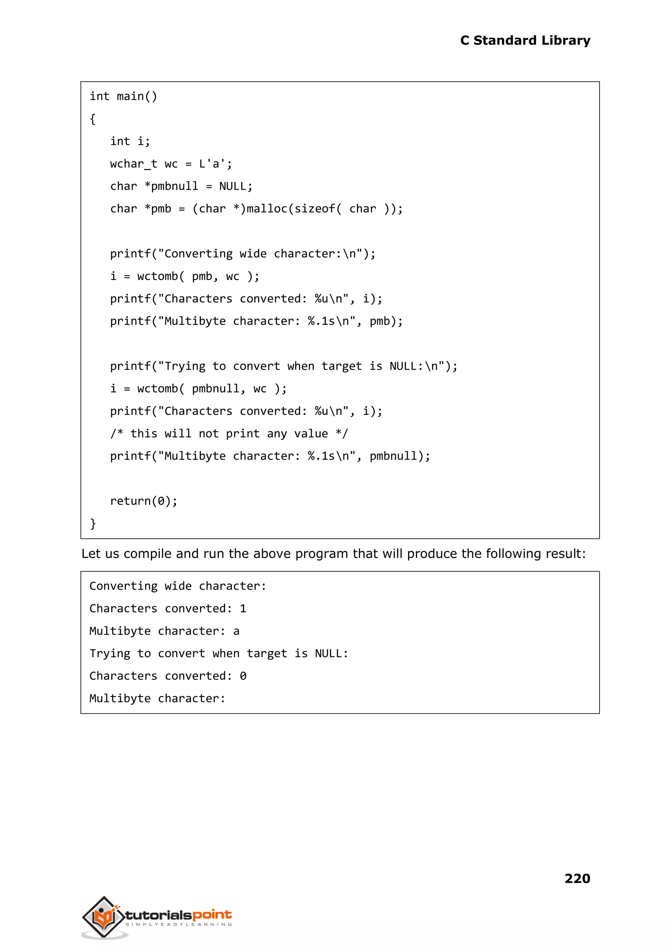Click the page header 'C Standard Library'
(x=525, y=41)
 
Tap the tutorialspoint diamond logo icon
(x=104, y=917)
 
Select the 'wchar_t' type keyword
(x=133, y=164)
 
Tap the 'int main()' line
(x=123, y=97)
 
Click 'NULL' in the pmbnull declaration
(x=233, y=186)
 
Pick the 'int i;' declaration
(x=130, y=141)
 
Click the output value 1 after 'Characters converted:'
(x=243, y=609)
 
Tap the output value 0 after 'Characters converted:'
(x=243, y=676)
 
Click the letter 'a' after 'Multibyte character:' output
(x=236, y=631)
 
